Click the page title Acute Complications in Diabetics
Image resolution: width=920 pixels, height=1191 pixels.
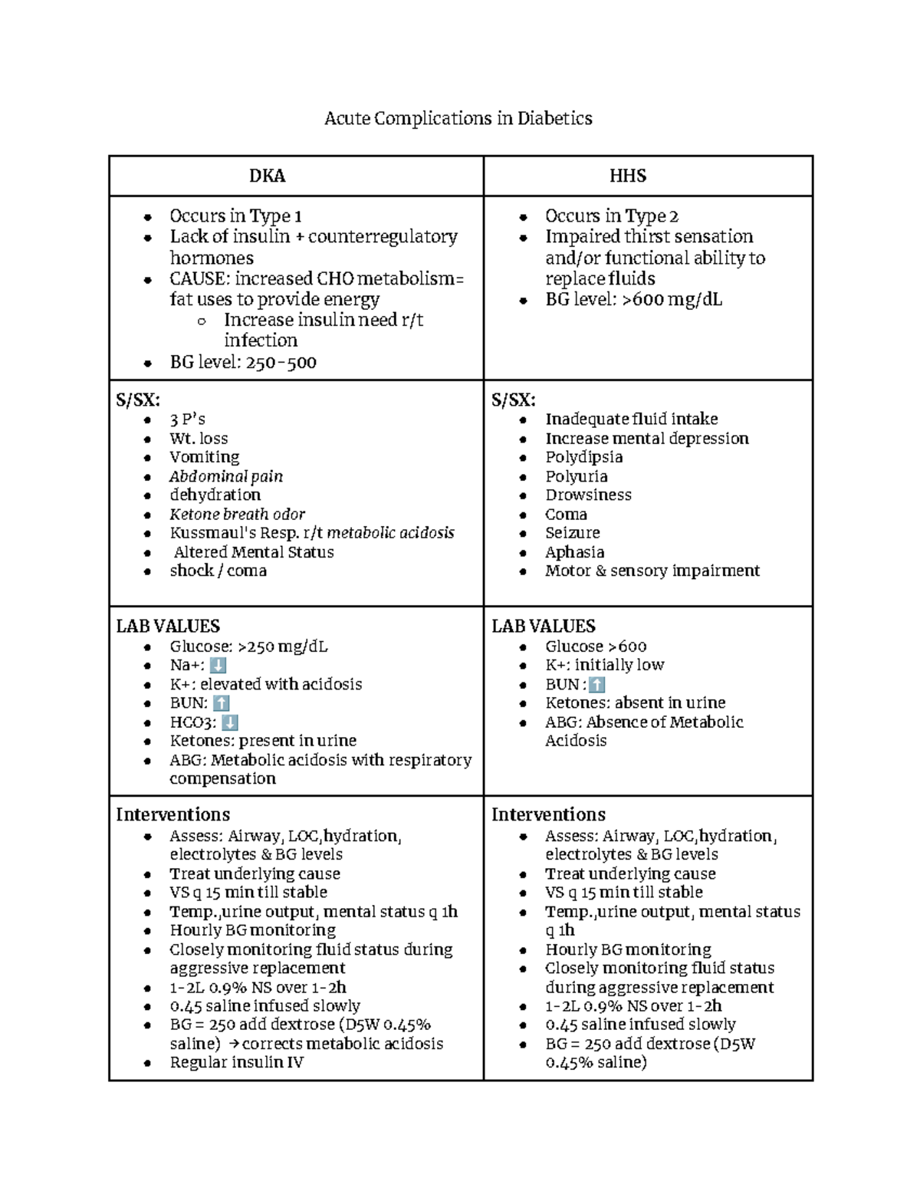point(458,118)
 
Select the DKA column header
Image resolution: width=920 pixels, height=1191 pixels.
point(267,176)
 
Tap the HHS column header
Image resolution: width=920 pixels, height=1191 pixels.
point(627,176)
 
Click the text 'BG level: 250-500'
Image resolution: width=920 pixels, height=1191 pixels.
point(243,362)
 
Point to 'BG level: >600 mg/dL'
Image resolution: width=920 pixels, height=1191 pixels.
point(633,299)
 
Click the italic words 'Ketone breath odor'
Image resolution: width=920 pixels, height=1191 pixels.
point(237,514)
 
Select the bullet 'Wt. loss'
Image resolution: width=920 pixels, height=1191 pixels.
point(199,439)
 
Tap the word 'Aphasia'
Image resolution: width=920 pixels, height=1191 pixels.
point(574,552)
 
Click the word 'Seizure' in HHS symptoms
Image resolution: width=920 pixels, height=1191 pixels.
point(572,533)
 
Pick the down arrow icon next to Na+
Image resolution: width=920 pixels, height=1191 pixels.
point(218,666)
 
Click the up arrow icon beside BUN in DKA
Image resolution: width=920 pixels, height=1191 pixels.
point(221,703)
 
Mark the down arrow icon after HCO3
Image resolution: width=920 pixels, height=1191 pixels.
point(229,722)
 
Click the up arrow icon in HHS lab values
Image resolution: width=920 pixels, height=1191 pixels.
point(597,685)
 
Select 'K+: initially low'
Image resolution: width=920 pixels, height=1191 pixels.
point(604,666)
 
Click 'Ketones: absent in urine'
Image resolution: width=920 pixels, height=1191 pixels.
point(635,703)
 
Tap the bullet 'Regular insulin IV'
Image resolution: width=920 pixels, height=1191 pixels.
point(236,1062)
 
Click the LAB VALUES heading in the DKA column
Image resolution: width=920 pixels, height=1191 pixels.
point(168,626)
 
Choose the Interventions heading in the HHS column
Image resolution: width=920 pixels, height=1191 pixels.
point(548,814)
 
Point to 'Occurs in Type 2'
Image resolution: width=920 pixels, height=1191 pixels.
point(611,216)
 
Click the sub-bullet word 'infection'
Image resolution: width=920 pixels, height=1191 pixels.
point(260,341)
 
